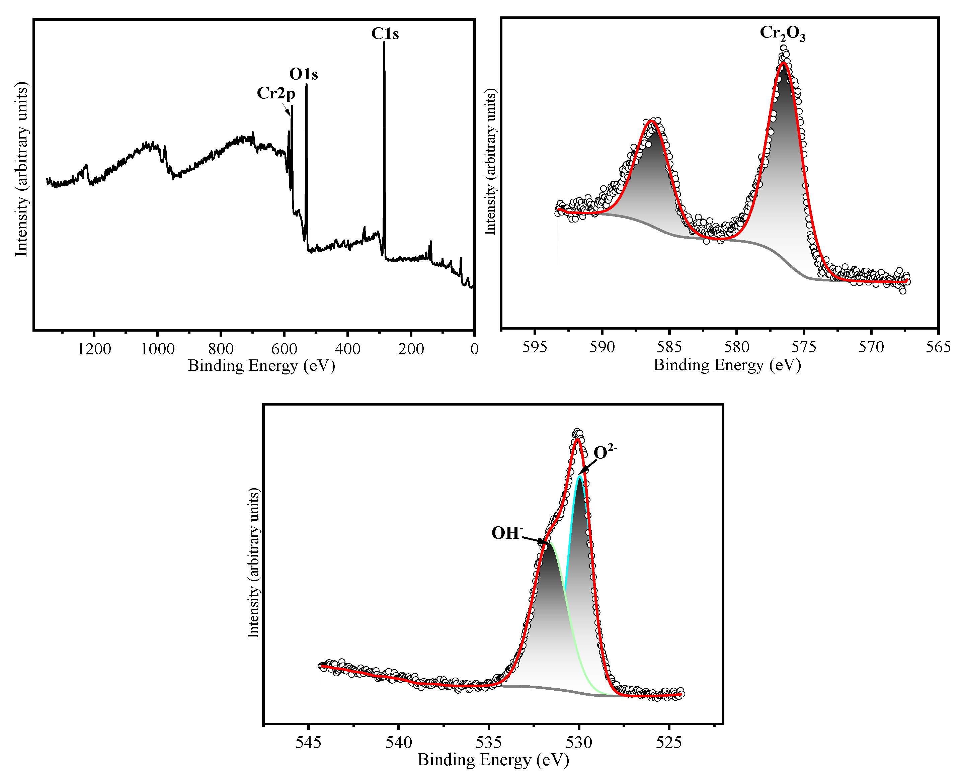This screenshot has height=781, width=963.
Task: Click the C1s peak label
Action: tap(385, 34)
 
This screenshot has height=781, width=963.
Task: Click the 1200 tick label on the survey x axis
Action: tap(94, 349)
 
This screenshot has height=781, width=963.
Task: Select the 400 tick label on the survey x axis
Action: tap(347, 349)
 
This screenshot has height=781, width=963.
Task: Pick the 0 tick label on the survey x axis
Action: tap(474, 349)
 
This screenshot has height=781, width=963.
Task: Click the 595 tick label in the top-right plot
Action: tap(535, 347)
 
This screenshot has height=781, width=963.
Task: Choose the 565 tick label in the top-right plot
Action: tap(938, 347)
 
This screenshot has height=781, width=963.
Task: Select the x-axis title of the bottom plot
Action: tap(493, 760)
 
